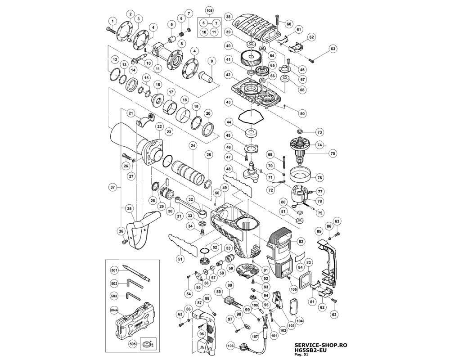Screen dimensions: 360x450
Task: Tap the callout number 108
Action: pyautogui.click(x=209, y=10)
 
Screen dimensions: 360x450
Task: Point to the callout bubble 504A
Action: pyautogui.click(x=114, y=310)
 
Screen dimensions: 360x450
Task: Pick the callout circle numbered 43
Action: pyautogui.click(x=229, y=103)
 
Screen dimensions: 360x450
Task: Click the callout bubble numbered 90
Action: pyautogui.click(x=229, y=285)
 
